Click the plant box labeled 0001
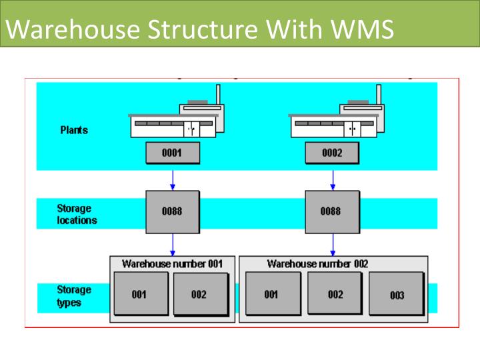[x=172, y=153]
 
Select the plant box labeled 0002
[x=332, y=153]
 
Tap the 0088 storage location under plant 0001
[x=172, y=211]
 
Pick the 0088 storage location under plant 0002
[x=331, y=211]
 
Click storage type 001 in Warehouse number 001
[x=140, y=294]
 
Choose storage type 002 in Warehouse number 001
[x=200, y=294]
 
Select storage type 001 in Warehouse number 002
[x=271, y=294]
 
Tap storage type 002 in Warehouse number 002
[x=335, y=294]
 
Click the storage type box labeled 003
[x=397, y=295]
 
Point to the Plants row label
[x=74, y=130]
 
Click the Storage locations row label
[x=77, y=214]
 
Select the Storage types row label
[x=74, y=296]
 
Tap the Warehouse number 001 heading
[x=173, y=263]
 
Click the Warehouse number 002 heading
[x=317, y=263]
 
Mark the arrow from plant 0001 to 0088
[x=173, y=178]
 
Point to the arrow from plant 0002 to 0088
[x=333, y=178]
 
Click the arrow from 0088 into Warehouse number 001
[x=173, y=245]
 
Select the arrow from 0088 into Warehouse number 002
[x=333, y=245]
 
